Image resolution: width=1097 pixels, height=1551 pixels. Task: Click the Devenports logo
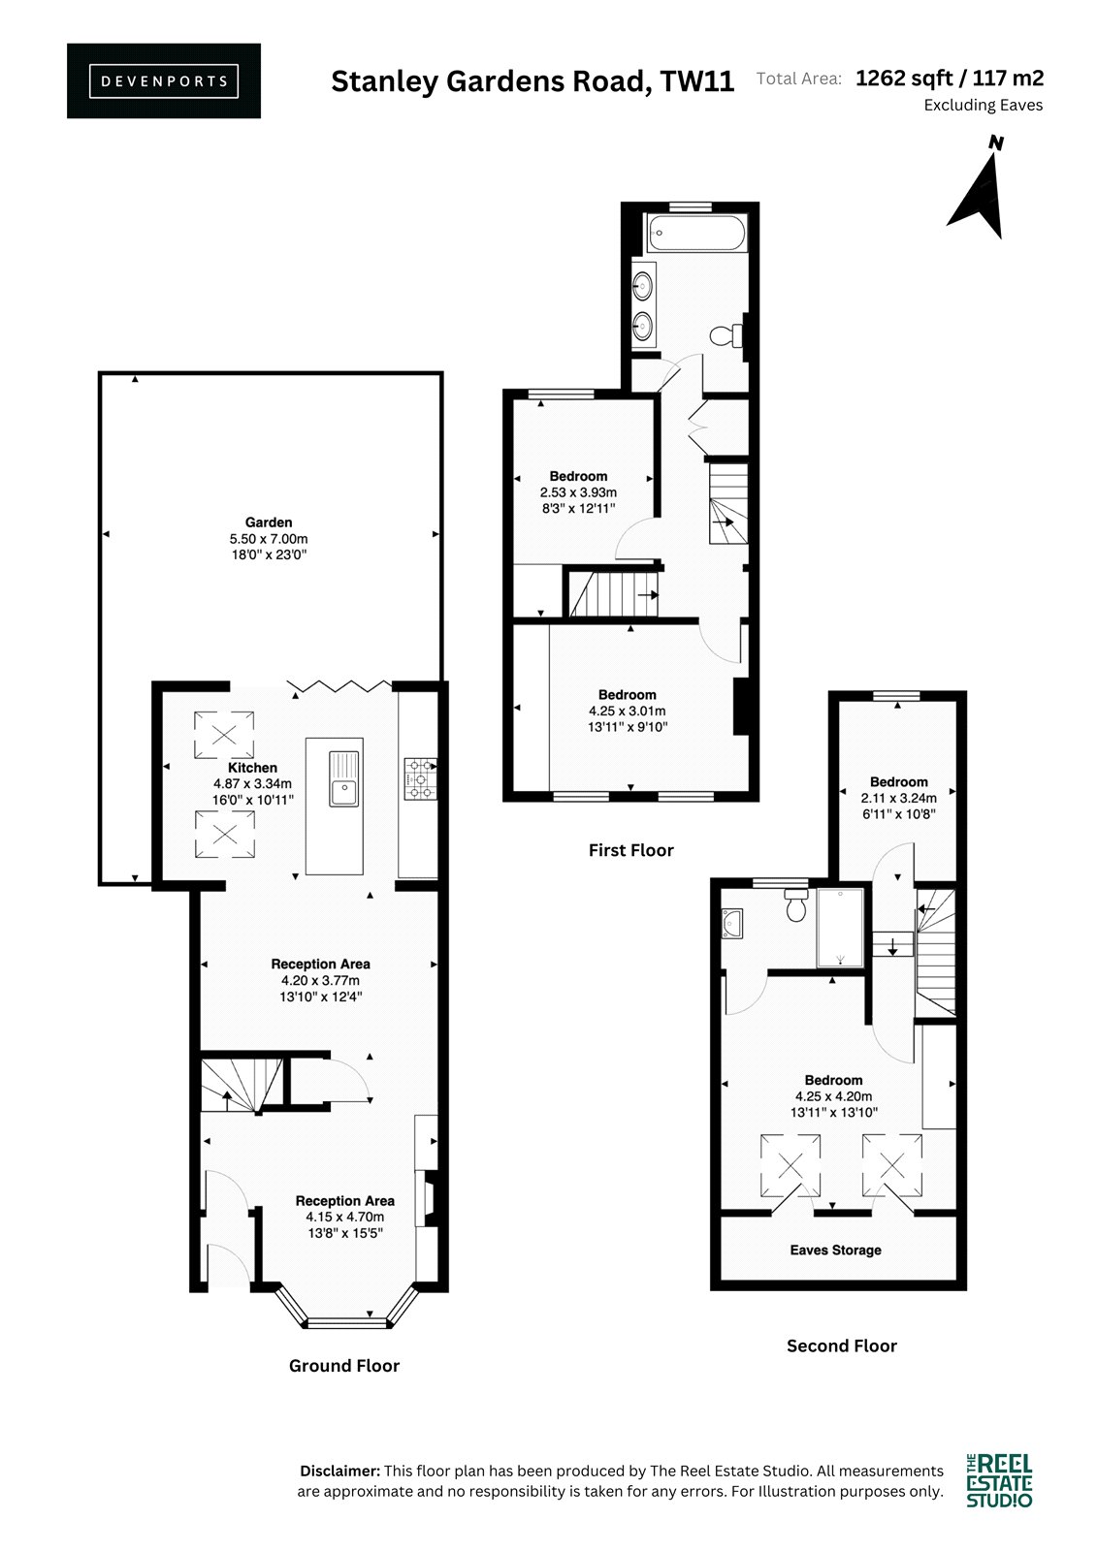click(164, 81)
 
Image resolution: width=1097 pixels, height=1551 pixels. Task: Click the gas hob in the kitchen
click(421, 779)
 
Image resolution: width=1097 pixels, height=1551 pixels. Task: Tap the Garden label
click(269, 522)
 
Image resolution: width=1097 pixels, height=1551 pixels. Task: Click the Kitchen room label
click(252, 768)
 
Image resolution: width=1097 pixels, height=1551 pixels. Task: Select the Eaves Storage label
click(836, 1250)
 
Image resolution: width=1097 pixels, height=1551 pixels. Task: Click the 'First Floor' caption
click(630, 850)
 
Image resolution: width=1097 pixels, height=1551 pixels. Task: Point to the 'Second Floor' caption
click(841, 1346)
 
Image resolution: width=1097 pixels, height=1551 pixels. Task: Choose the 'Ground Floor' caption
click(343, 1366)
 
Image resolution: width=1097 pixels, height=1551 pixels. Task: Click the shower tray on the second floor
click(841, 927)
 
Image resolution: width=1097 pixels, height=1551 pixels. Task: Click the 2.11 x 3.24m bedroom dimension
click(899, 798)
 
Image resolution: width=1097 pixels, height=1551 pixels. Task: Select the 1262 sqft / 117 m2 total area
click(950, 79)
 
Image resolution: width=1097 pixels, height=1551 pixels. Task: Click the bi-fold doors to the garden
click(340, 686)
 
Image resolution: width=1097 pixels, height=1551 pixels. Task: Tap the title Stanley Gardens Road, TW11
click(532, 81)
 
